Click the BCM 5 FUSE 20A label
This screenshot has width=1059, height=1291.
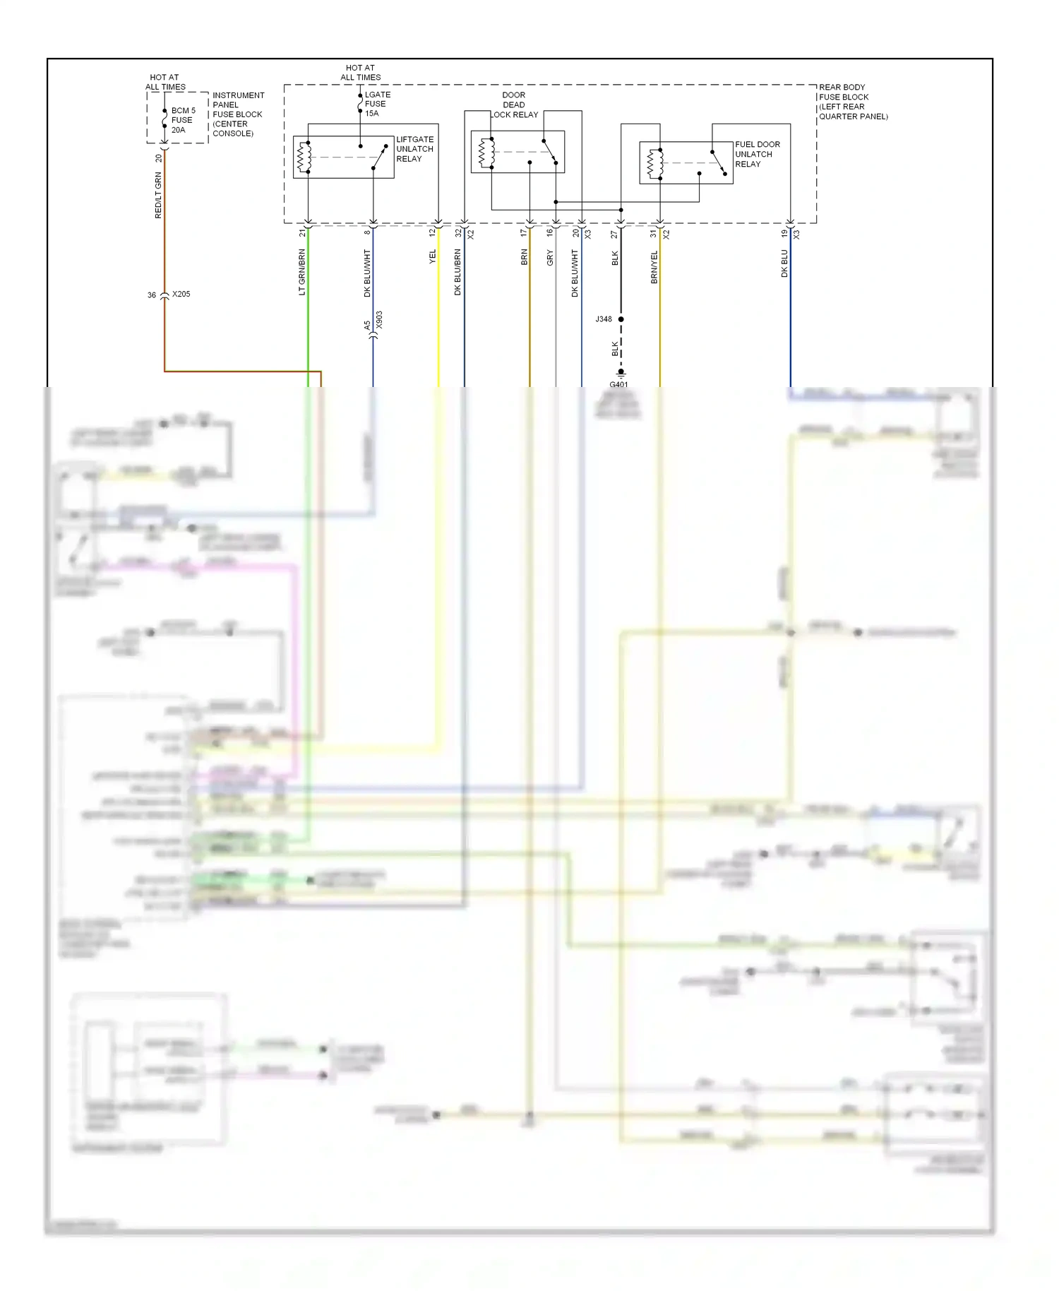(x=182, y=120)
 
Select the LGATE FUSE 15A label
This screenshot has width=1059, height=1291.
(x=376, y=104)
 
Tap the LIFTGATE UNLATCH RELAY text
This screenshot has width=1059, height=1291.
(x=414, y=149)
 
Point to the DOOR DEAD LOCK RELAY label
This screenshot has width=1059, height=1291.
(x=515, y=105)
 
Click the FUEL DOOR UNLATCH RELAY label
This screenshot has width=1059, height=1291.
(x=757, y=154)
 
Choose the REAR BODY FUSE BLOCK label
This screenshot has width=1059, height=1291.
(x=852, y=102)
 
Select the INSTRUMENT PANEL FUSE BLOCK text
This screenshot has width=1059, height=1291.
(x=238, y=114)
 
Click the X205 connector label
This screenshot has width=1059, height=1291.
(x=181, y=294)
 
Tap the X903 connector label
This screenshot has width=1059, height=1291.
(x=379, y=320)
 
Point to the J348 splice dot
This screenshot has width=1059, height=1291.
(x=621, y=319)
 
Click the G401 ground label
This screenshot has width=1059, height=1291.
(x=618, y=384)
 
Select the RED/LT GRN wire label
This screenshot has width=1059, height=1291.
(x=158, y=195)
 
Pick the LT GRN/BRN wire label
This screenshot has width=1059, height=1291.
(x=302, y=272)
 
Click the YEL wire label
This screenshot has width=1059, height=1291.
(x=433, y=257)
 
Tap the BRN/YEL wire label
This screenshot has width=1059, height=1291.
(x=654, y=267)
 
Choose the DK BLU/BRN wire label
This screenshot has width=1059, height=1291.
(x=457, y=272)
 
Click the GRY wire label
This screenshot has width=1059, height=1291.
(x=550, y=258)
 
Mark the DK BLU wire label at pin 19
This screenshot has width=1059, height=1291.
(x=784, y=263)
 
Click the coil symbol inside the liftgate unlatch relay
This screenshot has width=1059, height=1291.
(x=304, y=157)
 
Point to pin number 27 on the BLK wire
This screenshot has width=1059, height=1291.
(x=614, y=234)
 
